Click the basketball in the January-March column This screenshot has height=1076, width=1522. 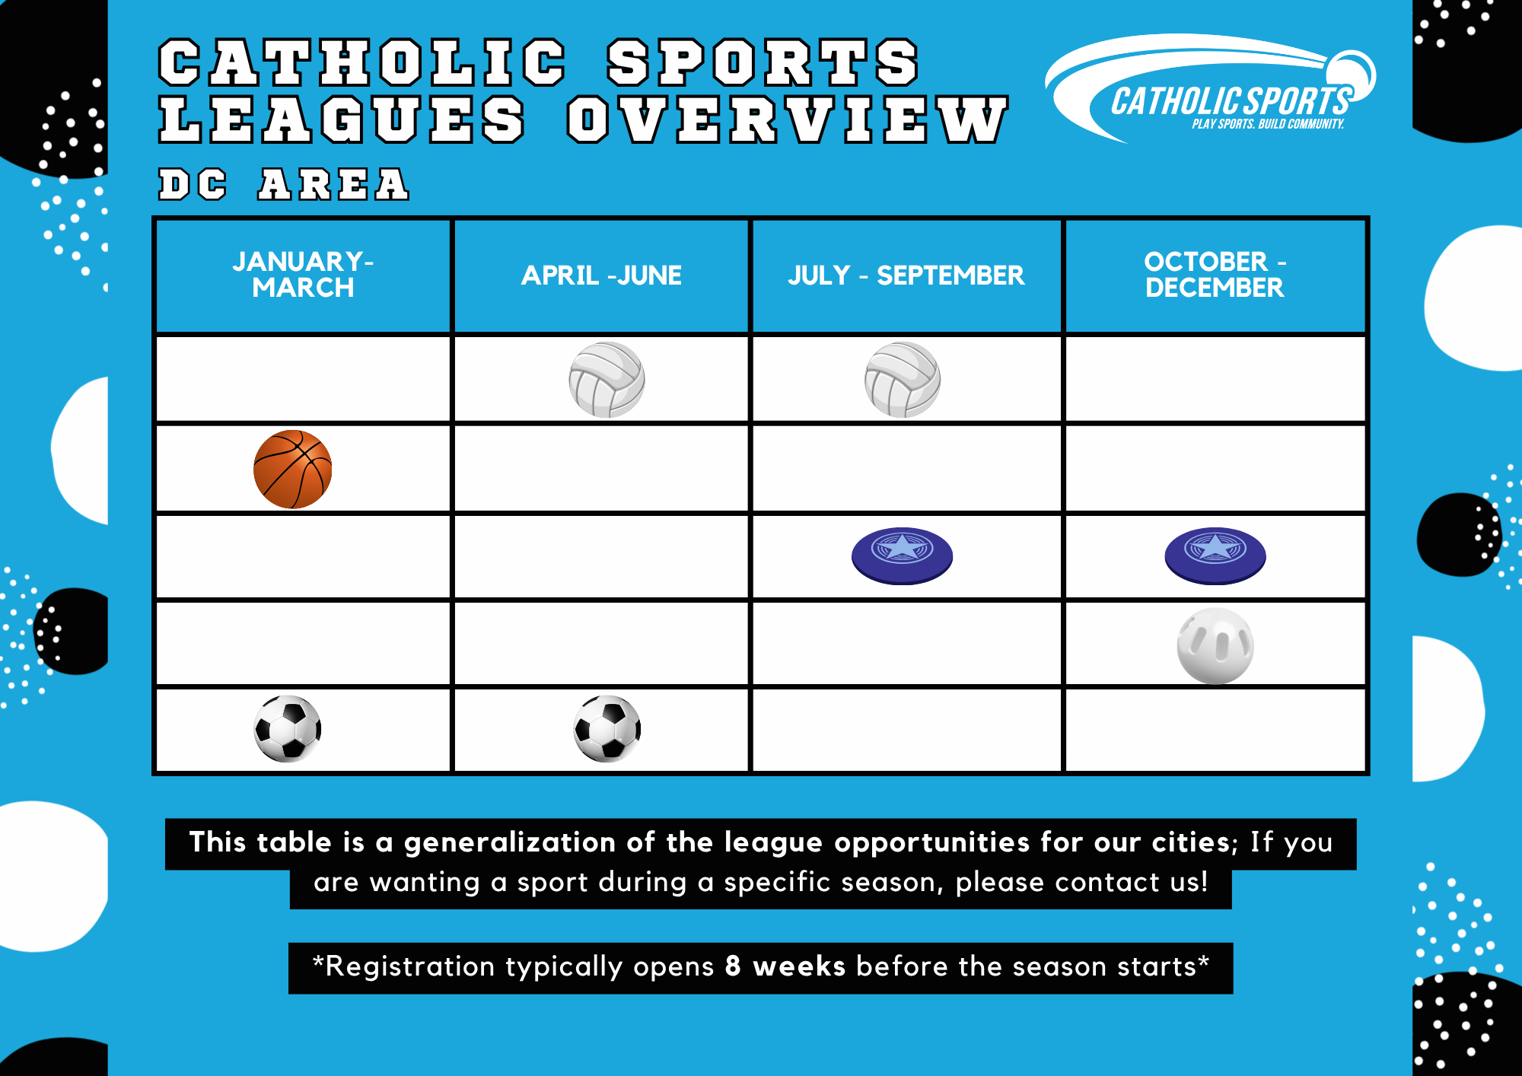tap(293, 469)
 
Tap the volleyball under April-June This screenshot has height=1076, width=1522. tap(607, 379)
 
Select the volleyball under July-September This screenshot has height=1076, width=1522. tap(903, 379)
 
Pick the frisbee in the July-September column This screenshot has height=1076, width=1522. tap(902, 556)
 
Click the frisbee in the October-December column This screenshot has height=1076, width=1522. tap(1215, 556)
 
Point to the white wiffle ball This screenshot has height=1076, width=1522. tap(1215, 645)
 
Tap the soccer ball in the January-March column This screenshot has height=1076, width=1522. tap(288, 728)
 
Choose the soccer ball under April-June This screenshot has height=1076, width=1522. tap(607, 728)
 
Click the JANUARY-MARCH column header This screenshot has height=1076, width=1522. tap(303, 275)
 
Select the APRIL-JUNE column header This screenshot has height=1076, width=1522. tap(601, 275)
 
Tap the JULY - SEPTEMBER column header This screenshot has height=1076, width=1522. tap(906, 275)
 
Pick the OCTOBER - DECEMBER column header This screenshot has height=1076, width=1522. tap(1215, 275)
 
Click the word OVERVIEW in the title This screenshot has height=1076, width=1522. tap(788, 119)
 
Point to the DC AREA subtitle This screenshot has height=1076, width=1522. tap(284, 185)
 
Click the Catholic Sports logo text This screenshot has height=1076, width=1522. tap(1231, 101)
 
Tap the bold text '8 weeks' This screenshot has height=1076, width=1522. tap(785, 966)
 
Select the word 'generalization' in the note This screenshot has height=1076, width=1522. tap(510, 843)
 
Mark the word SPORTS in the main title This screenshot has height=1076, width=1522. tap(763, 62)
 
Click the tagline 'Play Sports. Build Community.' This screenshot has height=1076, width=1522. tap(1268, 124)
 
